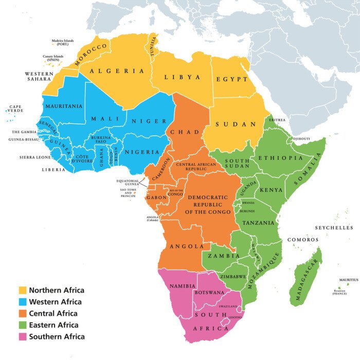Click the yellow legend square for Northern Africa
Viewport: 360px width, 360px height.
[x=23, y=291]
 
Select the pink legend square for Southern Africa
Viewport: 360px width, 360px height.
[x=23, y=337]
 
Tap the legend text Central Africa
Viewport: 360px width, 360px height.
[x=53, y=314]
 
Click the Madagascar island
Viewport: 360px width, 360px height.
[x=305, y=278]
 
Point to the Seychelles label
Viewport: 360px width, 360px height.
[x=334, y=227]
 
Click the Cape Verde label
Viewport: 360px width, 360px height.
[x=15, y=110]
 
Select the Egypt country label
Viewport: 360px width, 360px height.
[x=232, y=80]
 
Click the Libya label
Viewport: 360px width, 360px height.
[x=182, y=77]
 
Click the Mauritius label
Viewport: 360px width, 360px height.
[x=348, y=280]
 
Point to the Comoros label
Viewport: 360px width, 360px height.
[x=302, y=240]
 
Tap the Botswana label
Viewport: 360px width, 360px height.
[x=209, y=292]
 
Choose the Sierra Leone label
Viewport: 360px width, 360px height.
[x=35, y=157]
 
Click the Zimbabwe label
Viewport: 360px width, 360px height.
[x=234, y=276]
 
